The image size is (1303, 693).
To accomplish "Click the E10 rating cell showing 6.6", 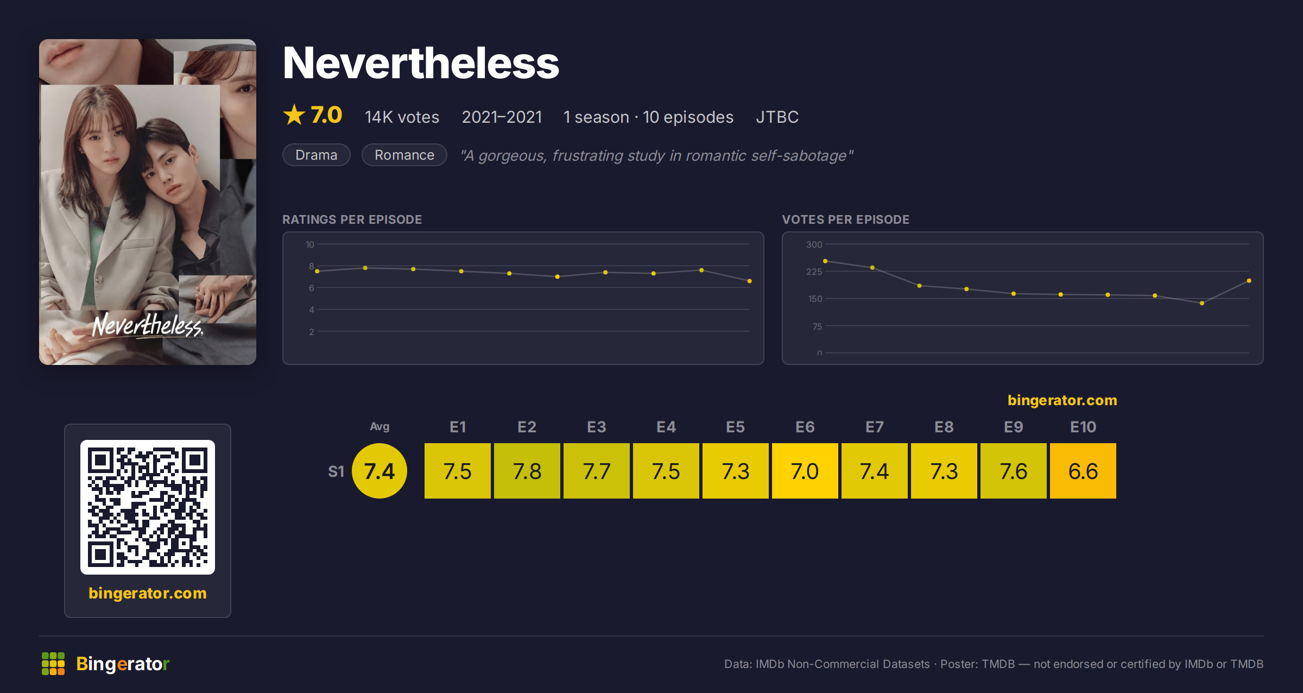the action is click(x=1083, y=471).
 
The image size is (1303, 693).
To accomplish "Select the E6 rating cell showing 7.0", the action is click(x=805, y=471).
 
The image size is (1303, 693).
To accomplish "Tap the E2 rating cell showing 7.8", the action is click(x=527, y=471).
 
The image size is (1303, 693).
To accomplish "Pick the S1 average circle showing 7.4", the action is click(x=379, y=471).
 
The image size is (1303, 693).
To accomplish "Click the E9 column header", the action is click(x=1013, y=427).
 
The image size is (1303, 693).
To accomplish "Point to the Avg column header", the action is click(x=379, y=427).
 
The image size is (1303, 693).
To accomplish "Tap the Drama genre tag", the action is click(x=317, y=155).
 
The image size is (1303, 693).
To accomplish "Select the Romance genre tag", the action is click(x=404, y=155).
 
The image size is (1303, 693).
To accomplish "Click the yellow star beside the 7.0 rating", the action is click(x=294, y=115).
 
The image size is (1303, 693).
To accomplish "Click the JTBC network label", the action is click(x=777, y=117).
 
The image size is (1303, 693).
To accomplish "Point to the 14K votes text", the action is click(x=402, y=117).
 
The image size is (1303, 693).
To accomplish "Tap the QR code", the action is click(x=148, y=507).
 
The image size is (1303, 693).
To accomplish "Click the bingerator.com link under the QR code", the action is click(x=148, y=593).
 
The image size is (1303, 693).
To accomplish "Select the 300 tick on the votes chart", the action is click(x=814, y=244).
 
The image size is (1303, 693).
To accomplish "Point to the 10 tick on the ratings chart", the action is click(x=309, y=244).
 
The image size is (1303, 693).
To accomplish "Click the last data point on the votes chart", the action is click(x=1249, y=281).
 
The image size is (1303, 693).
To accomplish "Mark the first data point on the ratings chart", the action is click(x=317, y=271).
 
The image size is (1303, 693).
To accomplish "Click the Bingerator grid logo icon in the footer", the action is click(x=53, y=664).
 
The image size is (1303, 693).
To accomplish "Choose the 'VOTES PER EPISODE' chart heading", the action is click(x=845, y=219).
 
